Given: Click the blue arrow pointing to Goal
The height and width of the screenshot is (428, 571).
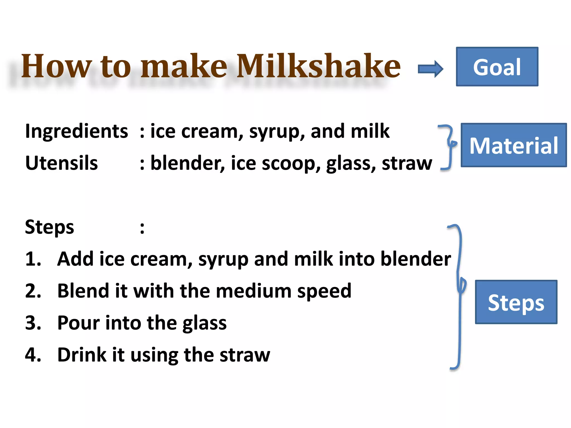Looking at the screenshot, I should (x=430, y=69).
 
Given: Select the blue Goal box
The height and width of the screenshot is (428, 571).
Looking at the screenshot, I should (x=497, y=67).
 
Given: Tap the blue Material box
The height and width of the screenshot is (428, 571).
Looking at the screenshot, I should (x=514, y=145).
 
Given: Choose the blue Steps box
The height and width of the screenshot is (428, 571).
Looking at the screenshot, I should (x=516, y=302).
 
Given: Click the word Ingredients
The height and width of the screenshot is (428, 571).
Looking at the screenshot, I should (x=76, y=131).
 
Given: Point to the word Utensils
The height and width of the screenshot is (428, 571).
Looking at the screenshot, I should (x=61, y=163).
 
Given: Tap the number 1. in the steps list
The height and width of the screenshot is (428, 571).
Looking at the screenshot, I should (x=33, y=259).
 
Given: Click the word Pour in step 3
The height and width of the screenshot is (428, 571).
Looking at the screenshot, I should (x=78, y=323).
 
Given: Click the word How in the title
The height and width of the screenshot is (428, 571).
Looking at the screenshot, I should (x=56, y=66).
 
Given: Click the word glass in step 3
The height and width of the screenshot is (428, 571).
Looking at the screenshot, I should (x=204, y=323).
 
